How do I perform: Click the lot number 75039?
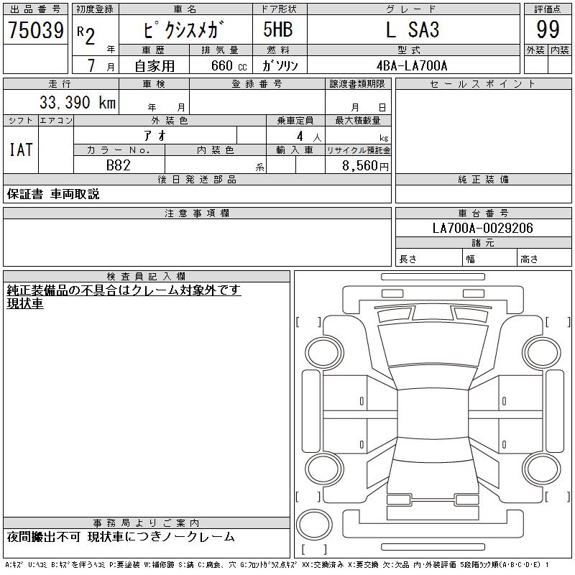(x=36, y=29)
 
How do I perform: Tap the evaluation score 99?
(x=548, y=29)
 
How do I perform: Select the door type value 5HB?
(x=278, y=29)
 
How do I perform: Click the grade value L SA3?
(x=413, y=29)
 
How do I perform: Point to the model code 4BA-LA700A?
(x=412, y=65)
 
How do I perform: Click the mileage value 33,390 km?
(x=78, y=102)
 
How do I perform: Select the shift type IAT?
(x=21, y=149)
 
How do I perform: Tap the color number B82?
(x=119, y=165)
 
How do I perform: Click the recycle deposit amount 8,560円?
(x=365, y=166)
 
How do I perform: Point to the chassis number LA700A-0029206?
(x=482, y=228)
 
